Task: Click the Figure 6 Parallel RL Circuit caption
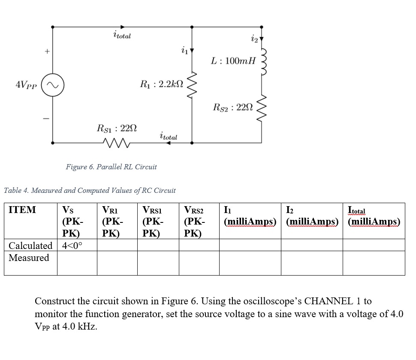[111, 167]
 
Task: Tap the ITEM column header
[22, 210]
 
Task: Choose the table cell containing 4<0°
[72, 246]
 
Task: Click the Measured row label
[29, 258]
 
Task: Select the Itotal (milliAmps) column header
[374, 216]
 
